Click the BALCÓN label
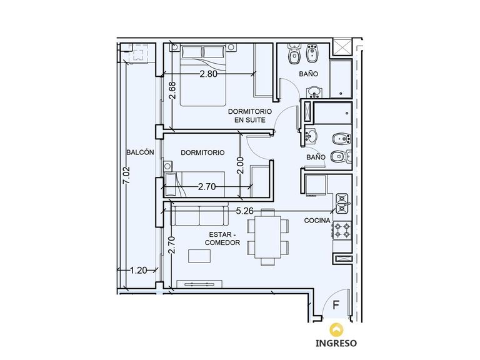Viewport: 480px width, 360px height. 140,152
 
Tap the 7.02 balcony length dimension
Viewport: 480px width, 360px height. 126,175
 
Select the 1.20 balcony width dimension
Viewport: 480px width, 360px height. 138,270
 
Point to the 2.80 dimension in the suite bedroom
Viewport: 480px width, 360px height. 209,74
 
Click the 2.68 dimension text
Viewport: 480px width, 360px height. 172,90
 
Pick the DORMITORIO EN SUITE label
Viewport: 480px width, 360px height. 250,116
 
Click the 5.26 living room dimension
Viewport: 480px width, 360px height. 245,211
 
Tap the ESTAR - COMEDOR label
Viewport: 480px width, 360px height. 222,239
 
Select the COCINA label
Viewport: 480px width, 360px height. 317,221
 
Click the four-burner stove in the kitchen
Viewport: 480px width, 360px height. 342,231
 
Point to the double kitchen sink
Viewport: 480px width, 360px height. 342,203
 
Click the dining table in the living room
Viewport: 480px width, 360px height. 268,237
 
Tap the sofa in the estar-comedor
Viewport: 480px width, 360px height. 199,215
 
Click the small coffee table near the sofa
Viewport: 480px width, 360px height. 199,256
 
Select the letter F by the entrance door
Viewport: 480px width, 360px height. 336,305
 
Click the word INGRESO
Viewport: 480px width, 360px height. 336,343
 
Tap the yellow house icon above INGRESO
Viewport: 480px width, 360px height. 336,329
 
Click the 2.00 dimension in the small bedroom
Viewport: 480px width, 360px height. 241,165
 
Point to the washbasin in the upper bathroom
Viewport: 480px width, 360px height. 314,91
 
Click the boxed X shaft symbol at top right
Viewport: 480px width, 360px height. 342,47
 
